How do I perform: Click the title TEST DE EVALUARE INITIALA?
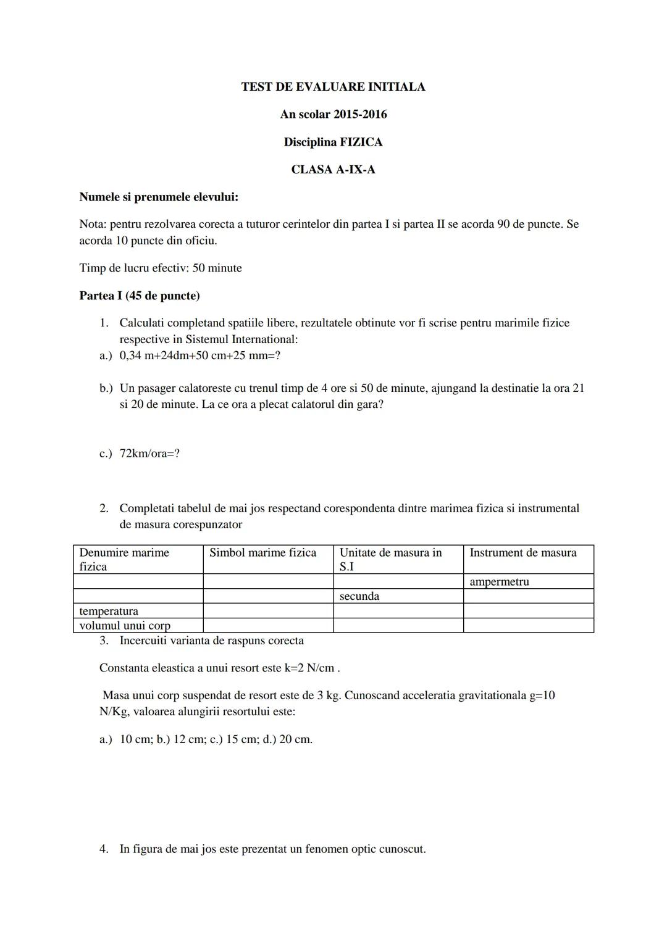tap(333, 87)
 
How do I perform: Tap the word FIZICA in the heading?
tap(361, 142)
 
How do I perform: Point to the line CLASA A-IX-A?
tap(333, 170)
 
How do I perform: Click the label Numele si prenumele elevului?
tap(159, 197)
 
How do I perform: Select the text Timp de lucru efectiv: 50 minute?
tap(161, 268)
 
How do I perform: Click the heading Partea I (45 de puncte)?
tap(140, 296)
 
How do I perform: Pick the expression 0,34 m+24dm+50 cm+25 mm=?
tap(200, 356)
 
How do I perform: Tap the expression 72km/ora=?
tap(149, 454)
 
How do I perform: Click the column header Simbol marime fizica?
tap(263, 553)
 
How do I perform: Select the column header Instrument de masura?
tap(523, 553)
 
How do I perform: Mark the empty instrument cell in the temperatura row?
tap(528, 610)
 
